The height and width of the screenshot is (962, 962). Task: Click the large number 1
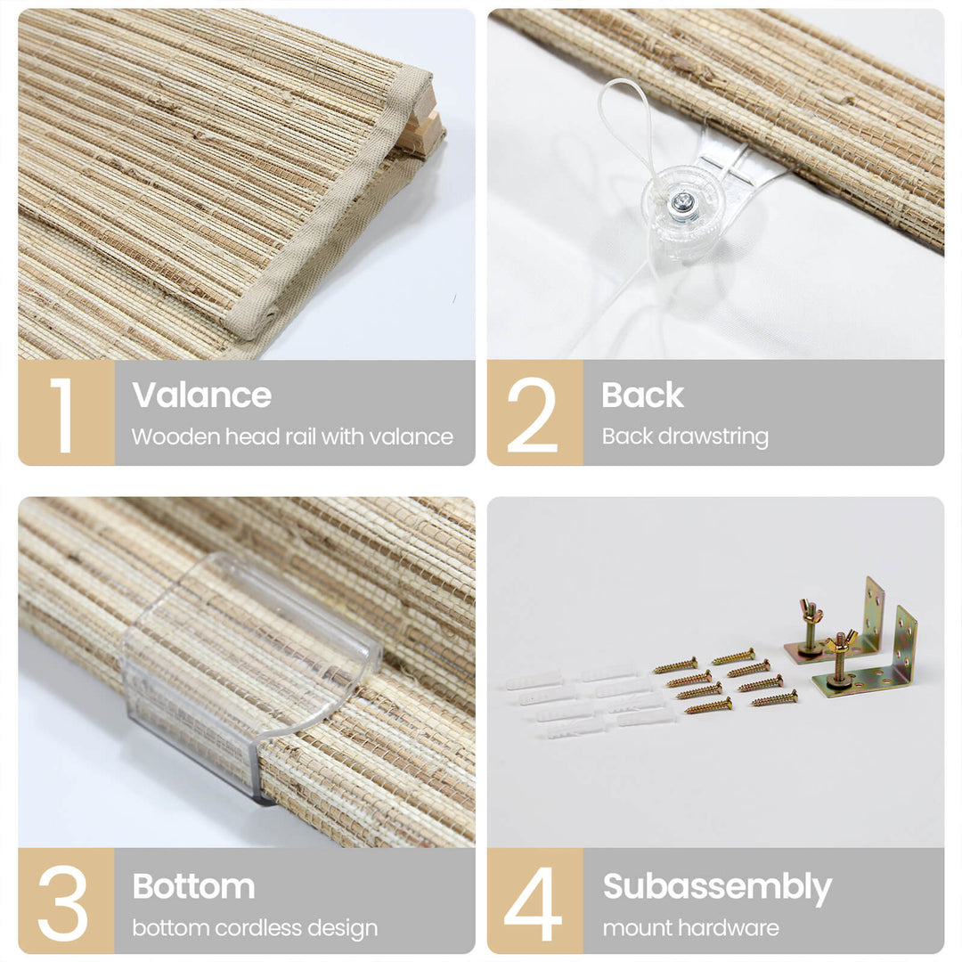(x=63, y=415)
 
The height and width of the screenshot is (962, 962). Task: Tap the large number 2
(x=532, y=415)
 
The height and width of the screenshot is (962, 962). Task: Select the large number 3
(x=62, y=902)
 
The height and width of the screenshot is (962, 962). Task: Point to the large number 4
(x=533, y=903)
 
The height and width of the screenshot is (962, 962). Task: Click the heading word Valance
(x=201, y=395)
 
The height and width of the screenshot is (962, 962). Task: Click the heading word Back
(x=642, y=395)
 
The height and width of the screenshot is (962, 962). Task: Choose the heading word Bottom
(x=194, y=886)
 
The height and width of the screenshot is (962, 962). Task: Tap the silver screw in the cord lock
(x=681, y=200)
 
